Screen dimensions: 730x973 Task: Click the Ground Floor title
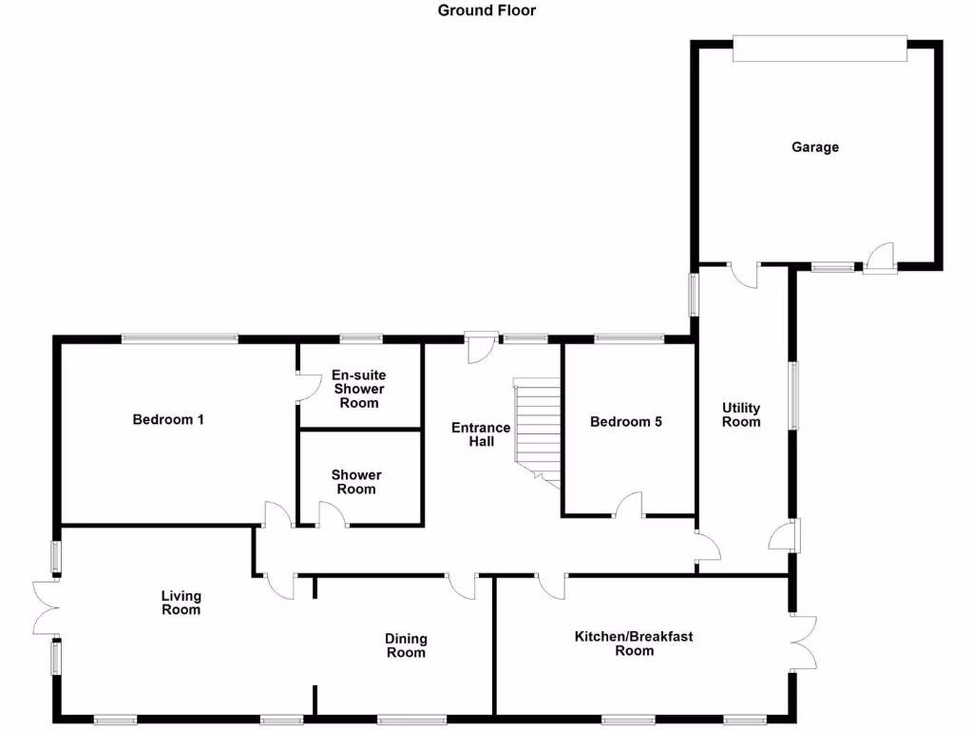coord(486,10)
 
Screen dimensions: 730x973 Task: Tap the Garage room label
coord(815,147)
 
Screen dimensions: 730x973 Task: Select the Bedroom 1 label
coord(168,419)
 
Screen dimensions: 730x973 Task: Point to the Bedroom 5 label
coord(625,422)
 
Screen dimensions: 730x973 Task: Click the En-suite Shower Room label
coord(358,390)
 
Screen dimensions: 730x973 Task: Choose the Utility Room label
coord(741,415)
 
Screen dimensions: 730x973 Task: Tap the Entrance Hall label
coord(481,434)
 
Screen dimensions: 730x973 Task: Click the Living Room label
coord(181,604)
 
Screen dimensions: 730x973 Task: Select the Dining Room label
coord(406,645)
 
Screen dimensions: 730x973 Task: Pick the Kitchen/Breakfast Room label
coord(634,644)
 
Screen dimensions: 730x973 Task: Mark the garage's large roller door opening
coord(820,49)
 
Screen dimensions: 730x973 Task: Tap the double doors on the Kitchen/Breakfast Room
coord(804,644)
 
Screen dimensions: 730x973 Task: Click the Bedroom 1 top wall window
coord(179,337)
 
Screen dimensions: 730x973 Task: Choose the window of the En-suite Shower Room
coord(361,337)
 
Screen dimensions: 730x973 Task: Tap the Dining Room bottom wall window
coord(411,720)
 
